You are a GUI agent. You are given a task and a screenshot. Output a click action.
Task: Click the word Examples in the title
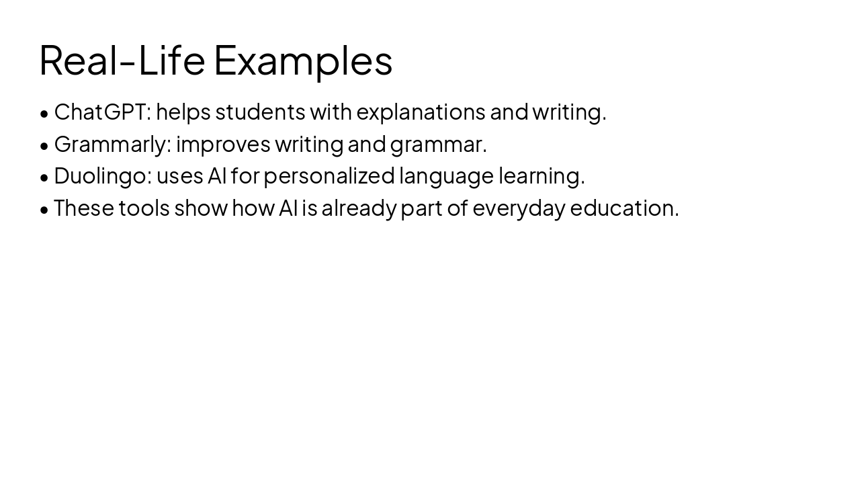(x=303, y=61)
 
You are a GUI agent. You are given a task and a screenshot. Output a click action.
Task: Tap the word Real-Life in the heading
(x=122, y=60)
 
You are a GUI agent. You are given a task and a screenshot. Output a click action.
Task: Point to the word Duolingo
(x=103, y=176)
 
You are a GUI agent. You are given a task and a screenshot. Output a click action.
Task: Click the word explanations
(x=421, y=112)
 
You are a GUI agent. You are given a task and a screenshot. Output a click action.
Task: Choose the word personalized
(x=329, y=176)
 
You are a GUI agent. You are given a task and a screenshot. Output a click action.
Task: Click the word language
(x=446, y=176)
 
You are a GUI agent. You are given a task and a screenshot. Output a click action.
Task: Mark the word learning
(x=542, y=176)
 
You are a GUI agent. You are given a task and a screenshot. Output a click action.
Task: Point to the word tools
(x=144, y=208)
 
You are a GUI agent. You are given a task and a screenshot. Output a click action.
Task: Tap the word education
(x=624, y=208)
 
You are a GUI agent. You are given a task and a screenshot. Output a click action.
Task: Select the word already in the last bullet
(x=359, y=208)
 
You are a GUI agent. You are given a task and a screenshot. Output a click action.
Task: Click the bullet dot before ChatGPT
(x=44, y=114)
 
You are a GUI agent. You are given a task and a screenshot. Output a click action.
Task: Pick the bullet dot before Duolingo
(x=44, y=177)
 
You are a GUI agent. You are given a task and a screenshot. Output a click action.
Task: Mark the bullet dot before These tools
(x=44, y=210)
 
